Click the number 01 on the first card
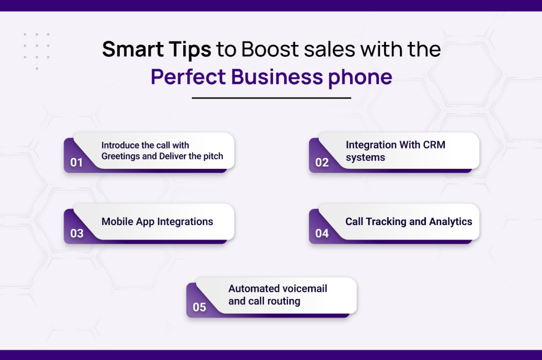pyautogui.click(x=76, y=162)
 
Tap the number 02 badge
pyautogui.click(x=322, y=162)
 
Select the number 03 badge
pyautogui.click(x=77, y=233)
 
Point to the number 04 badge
pyautogui.click(x=322, y=233)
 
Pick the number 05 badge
pyautogui.click(x=199, y=307)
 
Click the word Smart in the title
pyautogui.click(x=133, y=49)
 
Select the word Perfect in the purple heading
pyautogui.click(x=188, y=77)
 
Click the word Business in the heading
pyautogui.click(x=277, y=77)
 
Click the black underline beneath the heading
pyautogui.click(x=271, y=98)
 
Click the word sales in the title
pyautogui.click(x=329, y=49)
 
